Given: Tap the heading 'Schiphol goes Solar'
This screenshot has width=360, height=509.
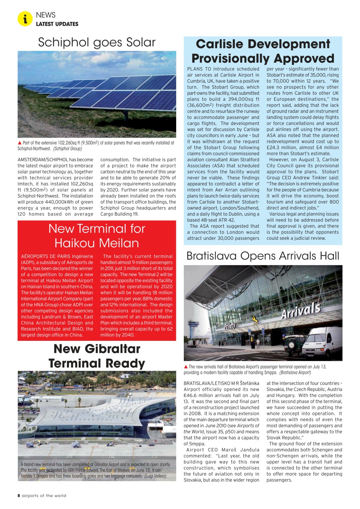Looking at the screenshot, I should [97, 42].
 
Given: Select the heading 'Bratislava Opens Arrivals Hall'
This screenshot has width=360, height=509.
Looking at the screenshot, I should [263, 256].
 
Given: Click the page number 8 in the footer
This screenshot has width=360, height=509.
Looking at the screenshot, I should [19, 495].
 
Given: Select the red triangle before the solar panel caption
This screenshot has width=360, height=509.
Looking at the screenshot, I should [20, 143].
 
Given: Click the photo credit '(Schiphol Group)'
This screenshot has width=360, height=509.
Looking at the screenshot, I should [68, 149].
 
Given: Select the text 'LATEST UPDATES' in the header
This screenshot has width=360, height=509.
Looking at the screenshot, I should [57, 24].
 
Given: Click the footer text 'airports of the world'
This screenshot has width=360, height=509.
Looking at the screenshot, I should [44, 495].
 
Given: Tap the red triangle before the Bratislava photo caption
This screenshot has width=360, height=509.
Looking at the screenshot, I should [186, 367].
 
